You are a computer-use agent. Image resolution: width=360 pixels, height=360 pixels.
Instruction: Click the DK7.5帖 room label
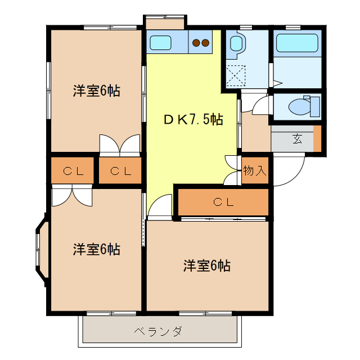(193, 119)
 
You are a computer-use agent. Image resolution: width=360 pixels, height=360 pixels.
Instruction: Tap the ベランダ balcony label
(158, 331)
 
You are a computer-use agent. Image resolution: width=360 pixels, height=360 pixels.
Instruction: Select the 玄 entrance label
(296, 139)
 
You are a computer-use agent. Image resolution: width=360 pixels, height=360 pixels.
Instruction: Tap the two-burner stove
(200, 42)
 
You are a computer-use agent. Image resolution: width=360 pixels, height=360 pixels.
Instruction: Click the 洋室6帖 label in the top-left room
(96, 91)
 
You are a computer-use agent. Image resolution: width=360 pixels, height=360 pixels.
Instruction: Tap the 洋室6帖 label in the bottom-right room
(206, 265)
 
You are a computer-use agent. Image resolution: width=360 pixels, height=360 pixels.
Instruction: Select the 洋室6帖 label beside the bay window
(96, 249)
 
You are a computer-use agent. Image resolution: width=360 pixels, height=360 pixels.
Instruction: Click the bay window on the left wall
(40, 248)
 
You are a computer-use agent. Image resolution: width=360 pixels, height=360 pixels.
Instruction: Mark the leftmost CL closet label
(73, 172)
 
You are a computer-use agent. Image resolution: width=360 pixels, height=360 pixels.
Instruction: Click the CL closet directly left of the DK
(121, 172)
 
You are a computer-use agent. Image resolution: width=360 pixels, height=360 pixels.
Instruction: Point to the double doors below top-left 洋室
(119, 145)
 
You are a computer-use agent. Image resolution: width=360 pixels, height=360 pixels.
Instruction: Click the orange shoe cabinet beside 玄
(317, 139)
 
